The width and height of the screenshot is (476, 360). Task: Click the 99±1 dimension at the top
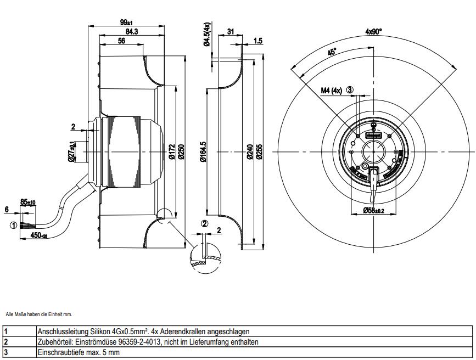point(126,22)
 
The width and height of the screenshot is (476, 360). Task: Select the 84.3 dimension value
point(131,32)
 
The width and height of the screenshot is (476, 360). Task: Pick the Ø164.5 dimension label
point(203,151)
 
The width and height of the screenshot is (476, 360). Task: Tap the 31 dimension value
point(230,32)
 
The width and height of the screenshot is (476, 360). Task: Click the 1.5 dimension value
point(257,41)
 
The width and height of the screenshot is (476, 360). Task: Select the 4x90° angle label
point(373,32)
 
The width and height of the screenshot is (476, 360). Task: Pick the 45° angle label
point(332,52)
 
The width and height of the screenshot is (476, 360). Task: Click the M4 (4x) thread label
point(332,91)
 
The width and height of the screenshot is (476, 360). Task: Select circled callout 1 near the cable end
point(12,224)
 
